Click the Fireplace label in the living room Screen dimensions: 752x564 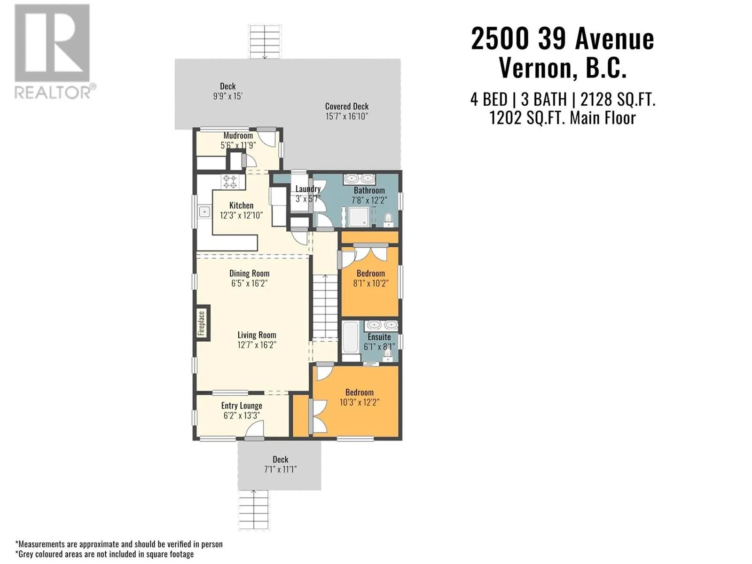(x=202, y=323)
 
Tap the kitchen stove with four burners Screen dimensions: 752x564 (x=229, y=182)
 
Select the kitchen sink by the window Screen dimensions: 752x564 (x=204, y=212)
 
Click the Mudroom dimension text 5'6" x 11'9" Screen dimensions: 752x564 (x=238, y=146)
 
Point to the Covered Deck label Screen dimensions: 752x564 (x=347, y=106)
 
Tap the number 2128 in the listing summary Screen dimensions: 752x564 (x=591, y=100)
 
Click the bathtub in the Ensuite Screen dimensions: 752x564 (x=351, y=337)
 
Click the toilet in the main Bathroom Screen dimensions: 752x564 (x=388, y=219)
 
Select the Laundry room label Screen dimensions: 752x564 (x=308, y=188)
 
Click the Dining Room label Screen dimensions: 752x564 (x=249, y=273)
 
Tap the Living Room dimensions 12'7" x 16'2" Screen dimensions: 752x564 (x=257, y=345)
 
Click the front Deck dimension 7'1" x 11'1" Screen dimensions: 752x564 (x=280, y=469)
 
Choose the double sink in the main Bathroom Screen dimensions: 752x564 (x=360, y=179)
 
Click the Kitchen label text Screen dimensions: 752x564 (x=241, y=205)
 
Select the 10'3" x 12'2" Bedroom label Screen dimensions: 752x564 (x=359, y=397)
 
